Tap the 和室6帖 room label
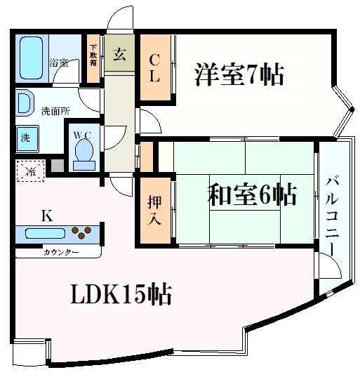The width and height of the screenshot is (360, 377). click(x=251, y=194)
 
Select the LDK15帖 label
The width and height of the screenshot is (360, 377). click(x=120, y=296)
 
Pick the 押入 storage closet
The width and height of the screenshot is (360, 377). click(x=154, y=209)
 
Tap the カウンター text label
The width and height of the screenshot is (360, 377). click(x=61, y=252)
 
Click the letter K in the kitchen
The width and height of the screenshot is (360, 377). click(x=46, y=215)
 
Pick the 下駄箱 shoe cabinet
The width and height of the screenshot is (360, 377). click(x=93, y=55)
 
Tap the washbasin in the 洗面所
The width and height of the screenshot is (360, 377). click(x=22, y=103)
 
